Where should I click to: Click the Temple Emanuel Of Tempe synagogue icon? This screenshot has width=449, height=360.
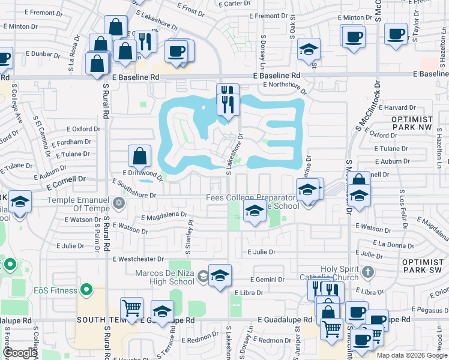119,201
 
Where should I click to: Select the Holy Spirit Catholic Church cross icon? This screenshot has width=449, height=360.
368,272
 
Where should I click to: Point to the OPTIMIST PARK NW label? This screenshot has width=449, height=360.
412,124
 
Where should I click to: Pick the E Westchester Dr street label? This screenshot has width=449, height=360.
138,259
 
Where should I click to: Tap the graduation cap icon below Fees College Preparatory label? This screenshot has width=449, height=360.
255,211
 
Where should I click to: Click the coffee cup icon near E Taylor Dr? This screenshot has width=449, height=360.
396,34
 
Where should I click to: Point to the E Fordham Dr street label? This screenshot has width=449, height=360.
71,143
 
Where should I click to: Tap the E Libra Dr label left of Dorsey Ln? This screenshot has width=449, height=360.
245,292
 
